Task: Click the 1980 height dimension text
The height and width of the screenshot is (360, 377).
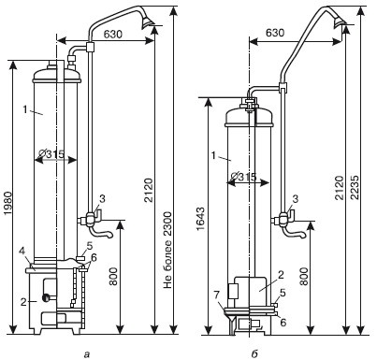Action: pyautogui.click(x=7, y=203)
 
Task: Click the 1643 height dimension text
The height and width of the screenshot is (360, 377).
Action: pyautogui.click(x=201, y=219)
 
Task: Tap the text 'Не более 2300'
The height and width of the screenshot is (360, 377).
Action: pyautogui.click(x=167, y=250)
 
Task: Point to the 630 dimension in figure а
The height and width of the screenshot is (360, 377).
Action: pyautogui.click(x=113, y=35)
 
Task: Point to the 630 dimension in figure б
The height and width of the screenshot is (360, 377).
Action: pyautogui.click(x=275, y=33)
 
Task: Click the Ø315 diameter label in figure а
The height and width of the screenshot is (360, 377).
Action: pyautogui.click(x=51, y=153)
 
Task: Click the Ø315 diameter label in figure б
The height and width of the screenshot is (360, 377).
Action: pyautogui.click(x=244, y=177)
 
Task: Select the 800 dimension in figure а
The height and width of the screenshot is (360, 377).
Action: pyautogui.click(x=113, y=276)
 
